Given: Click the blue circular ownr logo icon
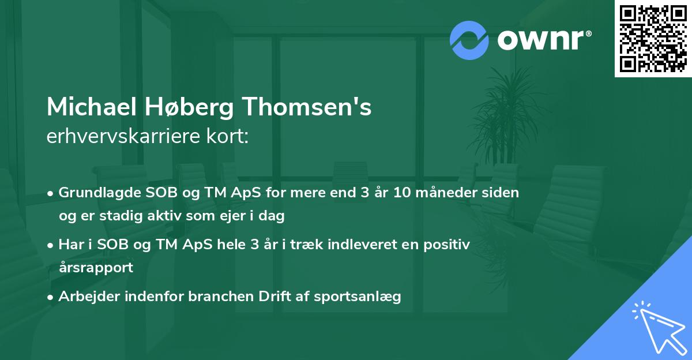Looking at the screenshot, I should point(469,40).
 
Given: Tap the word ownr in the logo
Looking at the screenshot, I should point(540,40).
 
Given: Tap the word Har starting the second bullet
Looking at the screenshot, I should point(70,245).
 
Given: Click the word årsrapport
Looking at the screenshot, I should point(96,267).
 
